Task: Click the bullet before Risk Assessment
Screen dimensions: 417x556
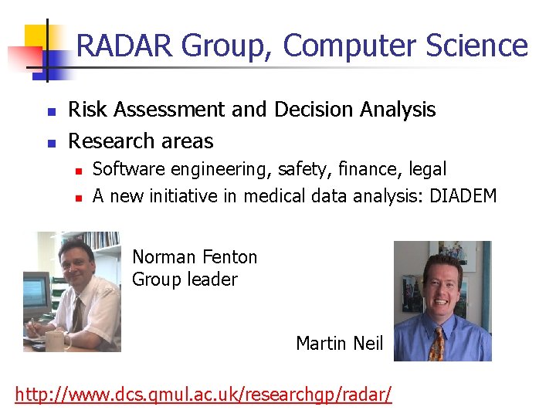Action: coord(51,113)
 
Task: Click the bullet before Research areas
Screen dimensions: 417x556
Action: coord(51,144)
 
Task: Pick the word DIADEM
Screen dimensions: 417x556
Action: coord(463,196)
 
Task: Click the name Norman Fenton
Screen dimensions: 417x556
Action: coord(195,257)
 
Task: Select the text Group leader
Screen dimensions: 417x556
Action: coord(185,280)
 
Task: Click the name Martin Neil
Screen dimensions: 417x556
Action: coord(339,344)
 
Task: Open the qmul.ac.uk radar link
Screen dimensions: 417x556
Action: coord(203,395)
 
